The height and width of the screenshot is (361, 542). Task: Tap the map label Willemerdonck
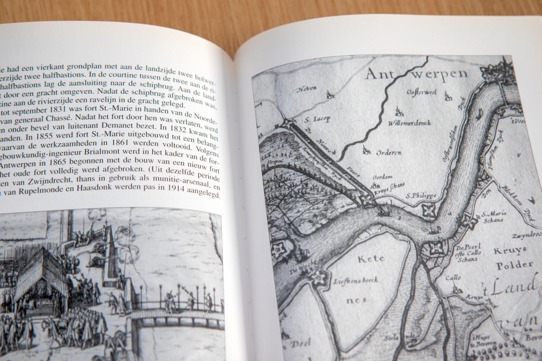[409, 123]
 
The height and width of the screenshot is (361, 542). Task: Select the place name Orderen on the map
[388, 152]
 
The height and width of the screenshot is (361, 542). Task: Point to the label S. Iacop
[317, 119]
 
